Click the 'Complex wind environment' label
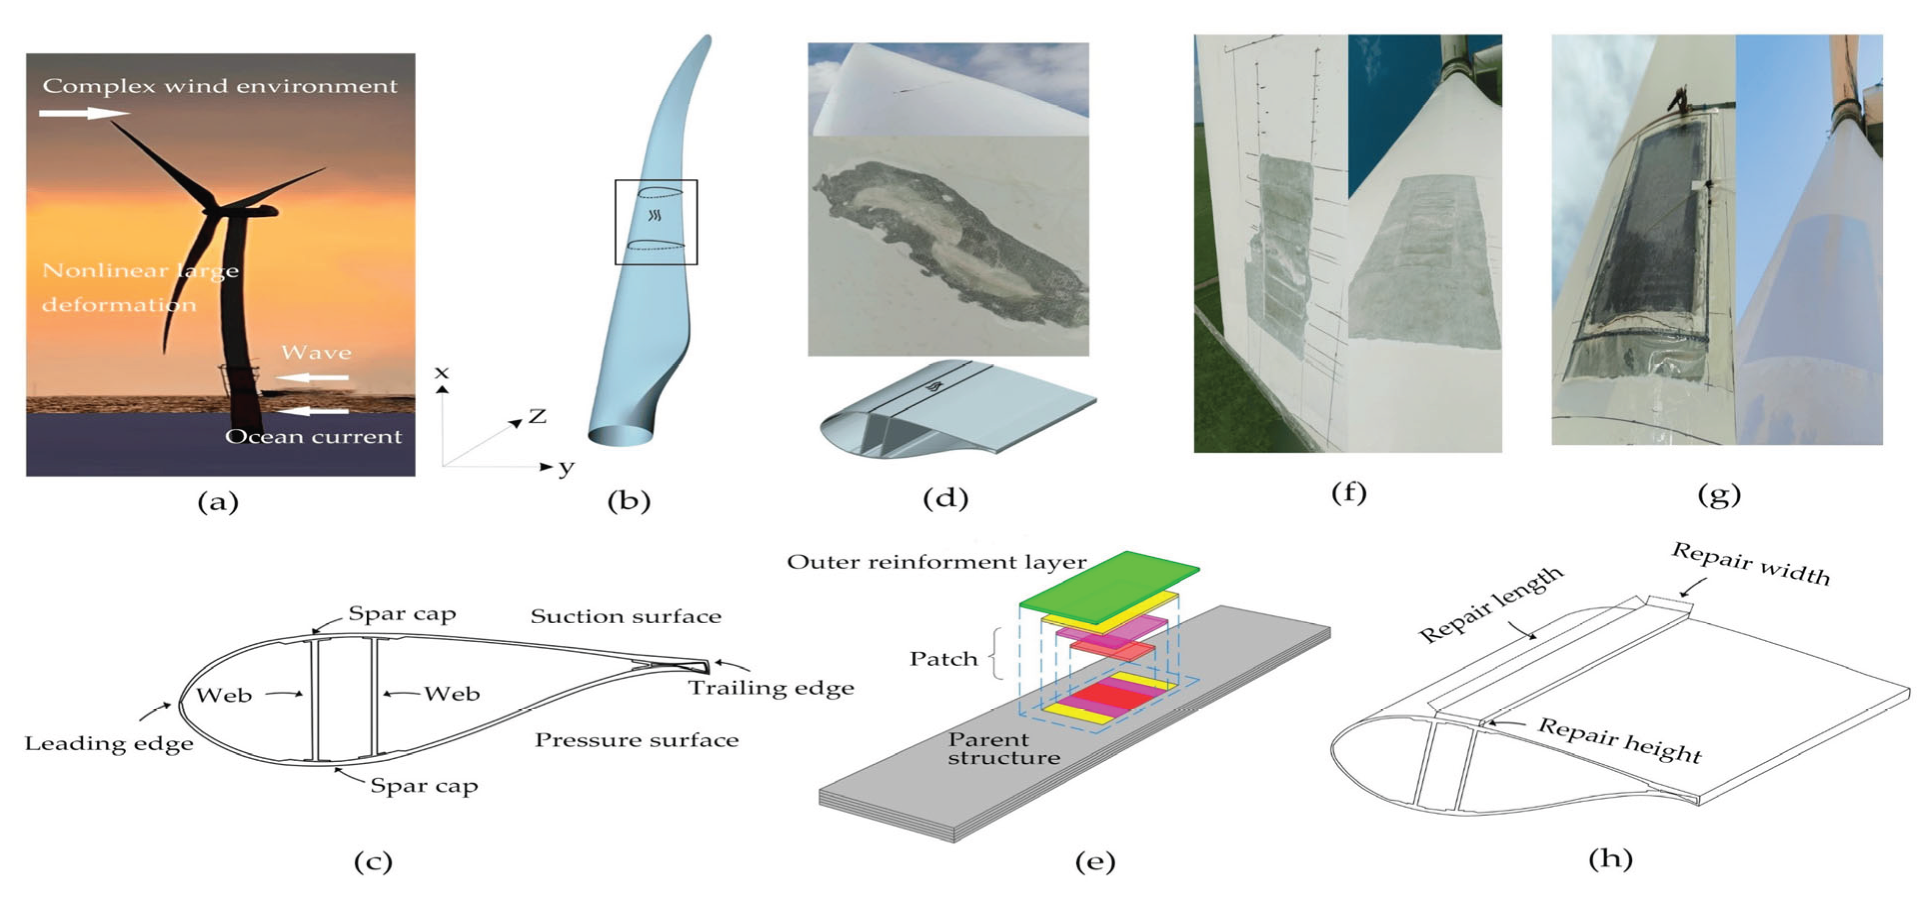point(219,86)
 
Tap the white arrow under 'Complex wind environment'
point(84,113)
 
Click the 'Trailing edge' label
point(771,688)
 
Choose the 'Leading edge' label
point(108,743)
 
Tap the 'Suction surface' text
point(626,617)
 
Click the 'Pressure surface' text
point(636,740)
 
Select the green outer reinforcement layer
point(1109,586)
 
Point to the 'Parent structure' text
point(1003,749)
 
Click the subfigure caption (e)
point(1095,862)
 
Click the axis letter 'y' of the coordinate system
point(566,468)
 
